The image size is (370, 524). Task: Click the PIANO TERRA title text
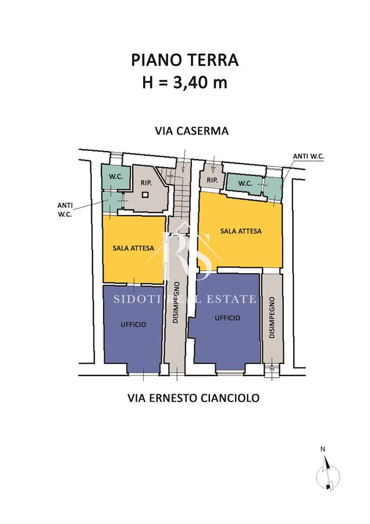(x=184, y=60)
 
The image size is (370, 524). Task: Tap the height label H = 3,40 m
(x=184, y=82)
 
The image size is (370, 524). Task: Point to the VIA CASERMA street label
(x=191, y=130)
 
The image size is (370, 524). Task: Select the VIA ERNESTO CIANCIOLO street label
(x=193, y=398)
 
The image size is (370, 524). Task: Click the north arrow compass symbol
(x=328, y=475)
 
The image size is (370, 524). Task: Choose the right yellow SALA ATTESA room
(x=240, y=231)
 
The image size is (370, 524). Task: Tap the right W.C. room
(x=245, y=184)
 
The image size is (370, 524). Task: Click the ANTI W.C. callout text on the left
(x=65, y=210)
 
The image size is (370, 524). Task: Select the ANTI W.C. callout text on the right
(x=308, y=156)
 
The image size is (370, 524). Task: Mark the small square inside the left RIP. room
(x=145, y=194)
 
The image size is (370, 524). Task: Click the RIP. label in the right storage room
(x=212, y=180)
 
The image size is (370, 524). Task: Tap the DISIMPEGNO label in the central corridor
(x=176, y=302)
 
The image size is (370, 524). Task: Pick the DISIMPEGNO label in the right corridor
(x=272, y=318)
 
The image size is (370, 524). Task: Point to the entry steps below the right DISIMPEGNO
(x=272, y=370)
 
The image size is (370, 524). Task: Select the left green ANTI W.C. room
(x=112, y=201)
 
